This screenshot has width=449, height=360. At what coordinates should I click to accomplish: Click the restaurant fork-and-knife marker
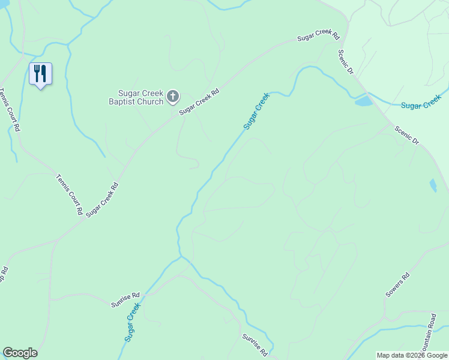click(40, 74)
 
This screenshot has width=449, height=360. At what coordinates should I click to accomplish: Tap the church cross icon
click(173, 96)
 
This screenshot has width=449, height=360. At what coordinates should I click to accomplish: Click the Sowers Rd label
click(397, 285)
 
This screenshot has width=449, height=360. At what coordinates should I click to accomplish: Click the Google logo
click(20, 353)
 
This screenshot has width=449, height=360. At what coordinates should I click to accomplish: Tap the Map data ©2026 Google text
click(411, 355)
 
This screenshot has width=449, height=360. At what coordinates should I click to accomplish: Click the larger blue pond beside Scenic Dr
click(364, 101)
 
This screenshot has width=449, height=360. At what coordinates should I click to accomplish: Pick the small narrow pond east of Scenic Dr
click(433, 185)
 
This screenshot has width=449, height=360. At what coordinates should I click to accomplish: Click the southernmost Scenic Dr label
click(406, 135)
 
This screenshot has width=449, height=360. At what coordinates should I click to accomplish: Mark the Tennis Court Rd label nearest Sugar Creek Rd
click(69, 194)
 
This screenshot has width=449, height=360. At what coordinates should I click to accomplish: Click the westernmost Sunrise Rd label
click(125, 300)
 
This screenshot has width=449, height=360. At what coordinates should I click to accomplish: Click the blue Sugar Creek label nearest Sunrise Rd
click(133, 322)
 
